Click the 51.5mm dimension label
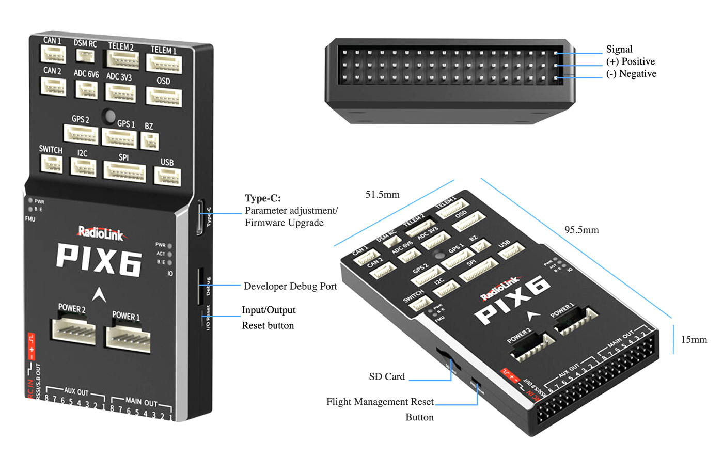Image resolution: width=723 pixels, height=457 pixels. coord(382,195)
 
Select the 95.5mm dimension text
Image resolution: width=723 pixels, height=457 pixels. coord(581,230)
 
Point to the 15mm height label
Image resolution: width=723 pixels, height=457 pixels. coord(694,340)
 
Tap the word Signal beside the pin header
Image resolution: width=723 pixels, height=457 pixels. coord(619,50)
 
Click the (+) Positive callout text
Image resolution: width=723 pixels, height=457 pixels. coord(630,61)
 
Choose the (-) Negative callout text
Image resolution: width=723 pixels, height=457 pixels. coord(631,74)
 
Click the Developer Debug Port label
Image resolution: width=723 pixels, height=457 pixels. coord(290,287)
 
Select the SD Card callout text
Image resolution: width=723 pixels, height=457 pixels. coord(387,377)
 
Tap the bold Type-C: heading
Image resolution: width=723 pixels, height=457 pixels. coord(263,198)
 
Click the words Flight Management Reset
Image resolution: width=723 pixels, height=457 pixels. coord(380,402)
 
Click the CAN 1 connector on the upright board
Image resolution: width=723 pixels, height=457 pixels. coord(54,54)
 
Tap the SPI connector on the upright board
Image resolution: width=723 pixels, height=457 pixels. coord(124,171)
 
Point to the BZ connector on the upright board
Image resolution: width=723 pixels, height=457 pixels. coord(149,140)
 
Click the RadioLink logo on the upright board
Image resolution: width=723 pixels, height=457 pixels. coord(101,234)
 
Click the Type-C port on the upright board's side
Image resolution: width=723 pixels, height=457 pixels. coord(199,217)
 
